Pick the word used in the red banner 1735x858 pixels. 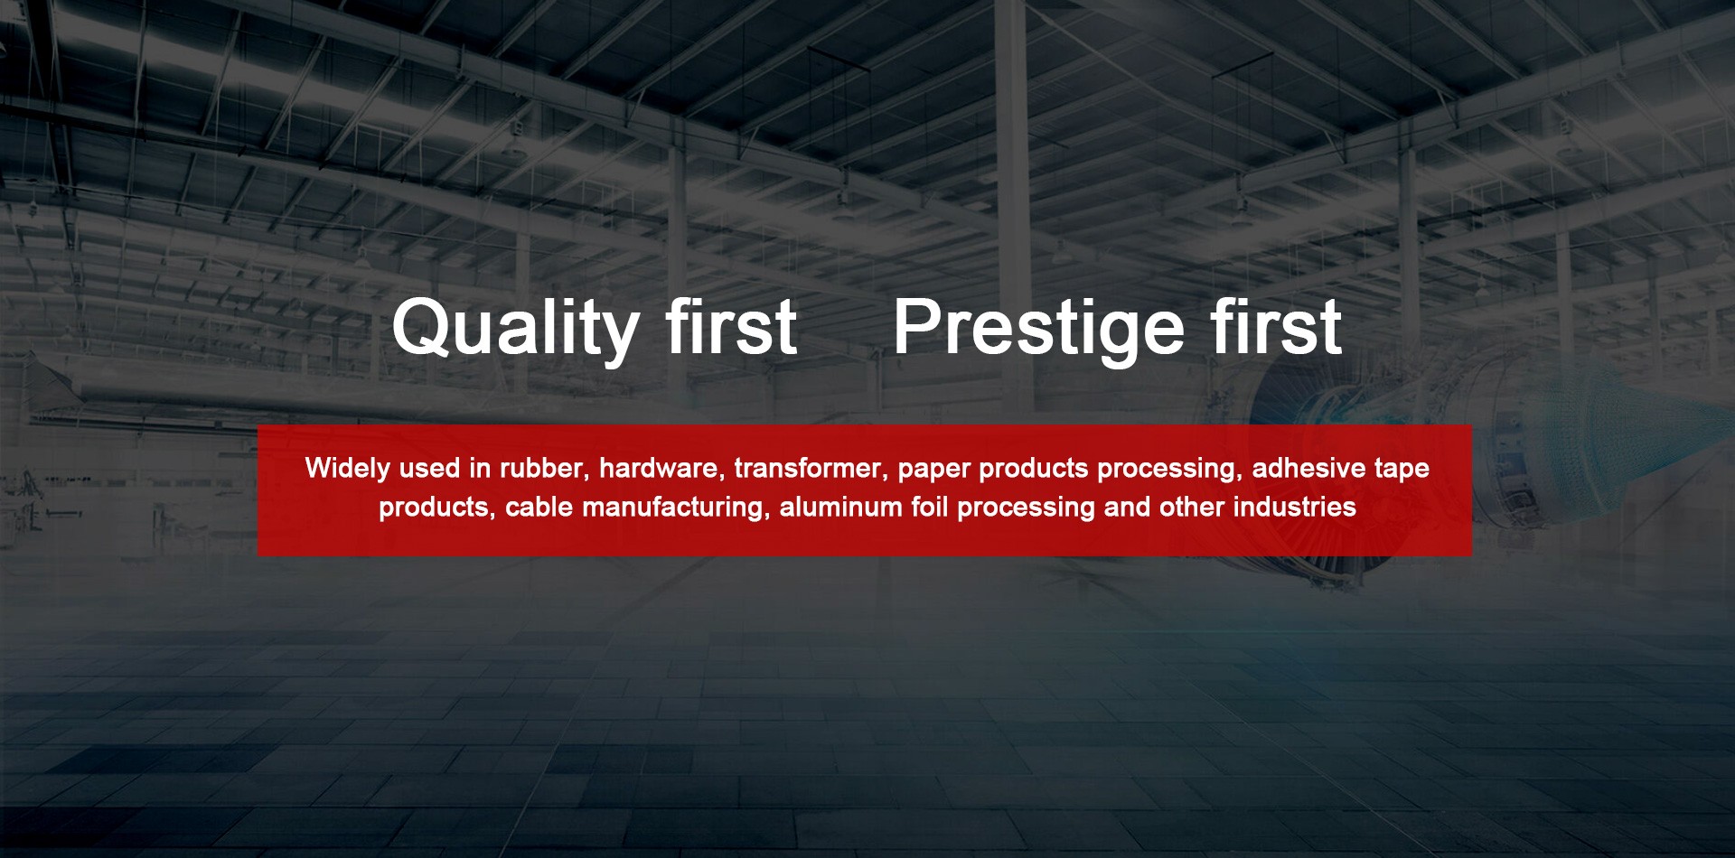pos(430,469)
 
